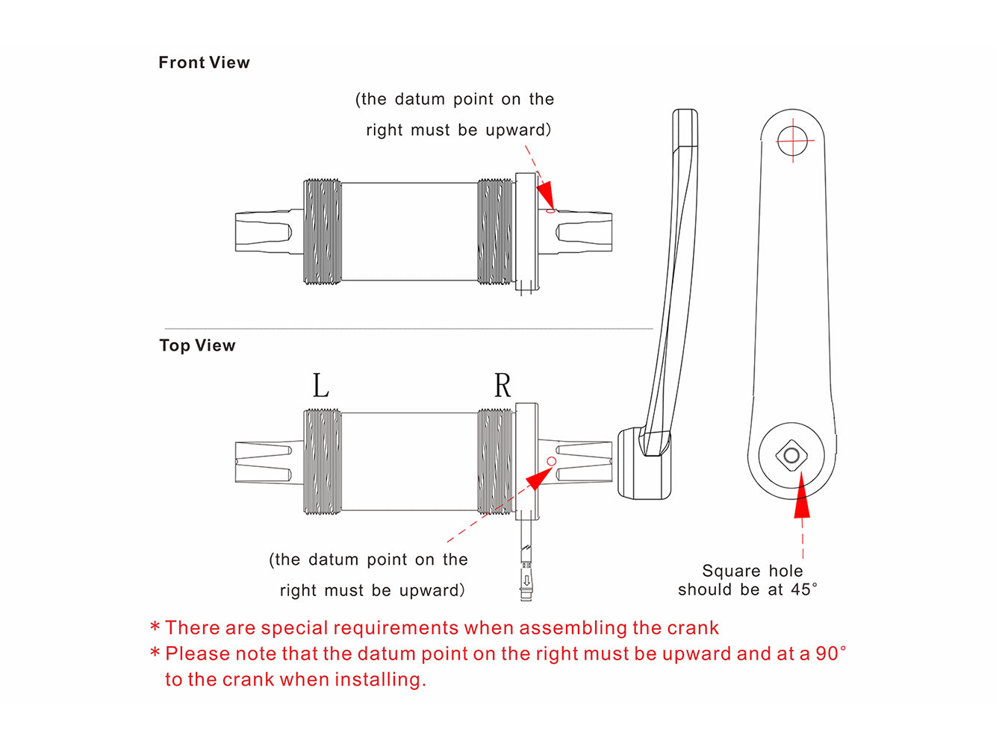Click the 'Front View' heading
pyautogui.click(x=204, y=63)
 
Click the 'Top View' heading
pyautogui.click(x=197, y=346)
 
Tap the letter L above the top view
pyautogui.click(x=321, y=385)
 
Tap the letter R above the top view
pyautogui.click(x=502, y=385)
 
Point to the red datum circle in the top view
pyautogui.click(x=551, y=461)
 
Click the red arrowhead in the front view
pyautogui.click(x=546, y=195)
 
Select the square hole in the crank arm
pyautogui.click(x=792, y=455)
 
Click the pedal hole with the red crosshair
pyautogui.click(x=792, y=140)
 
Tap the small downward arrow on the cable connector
pyautogui.click(x=526, y=580)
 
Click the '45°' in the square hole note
pyautogui.click(x=803, y=589)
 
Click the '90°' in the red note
pyautogui.click(x=831, y=653)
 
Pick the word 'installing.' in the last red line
pyautogui.click(x=380, y=680)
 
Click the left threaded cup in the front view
pyautogui.click(x=322, y=231)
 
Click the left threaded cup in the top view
pyautogui.click(x=322, y=462)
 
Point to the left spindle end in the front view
pyautogui.click(x=269, y=231)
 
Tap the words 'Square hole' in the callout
pyautogui.click(x=752, y=571)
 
